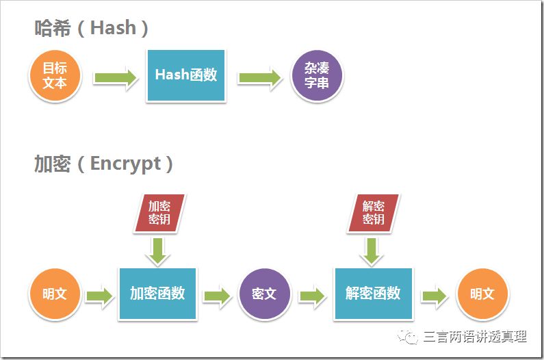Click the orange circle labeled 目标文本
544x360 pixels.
coord(55,75)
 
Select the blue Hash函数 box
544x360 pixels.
coord(185,75)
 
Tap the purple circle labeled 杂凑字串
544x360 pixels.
coord(316,75)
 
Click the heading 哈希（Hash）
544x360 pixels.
coord(92,28)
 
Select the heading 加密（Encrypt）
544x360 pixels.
coord(103,164)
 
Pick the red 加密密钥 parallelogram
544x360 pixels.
coord(159,213)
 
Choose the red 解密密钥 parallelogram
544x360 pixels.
coord(373,213)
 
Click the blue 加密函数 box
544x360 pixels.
coord(157,294)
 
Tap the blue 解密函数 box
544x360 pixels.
coord(373,294)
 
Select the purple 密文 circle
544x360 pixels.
coord(264,294)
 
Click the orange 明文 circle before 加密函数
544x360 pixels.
coord(55,294)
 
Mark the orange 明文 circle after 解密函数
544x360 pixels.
coord(482,294)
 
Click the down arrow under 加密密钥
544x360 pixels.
coord(159,250)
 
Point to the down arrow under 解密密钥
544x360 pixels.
coord(372,250)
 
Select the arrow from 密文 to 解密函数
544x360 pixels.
coord(311,295)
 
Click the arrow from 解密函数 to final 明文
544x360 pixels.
coord(434,295)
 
